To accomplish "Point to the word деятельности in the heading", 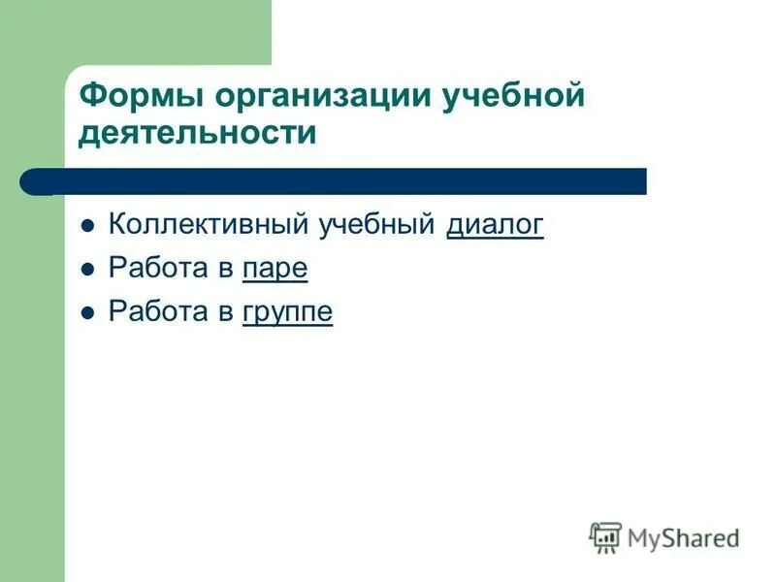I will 198,134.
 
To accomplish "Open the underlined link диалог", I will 495,225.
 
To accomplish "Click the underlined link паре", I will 275,269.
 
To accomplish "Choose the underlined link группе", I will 287,312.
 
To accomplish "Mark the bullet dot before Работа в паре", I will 87,271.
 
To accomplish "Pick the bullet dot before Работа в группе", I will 87,313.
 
